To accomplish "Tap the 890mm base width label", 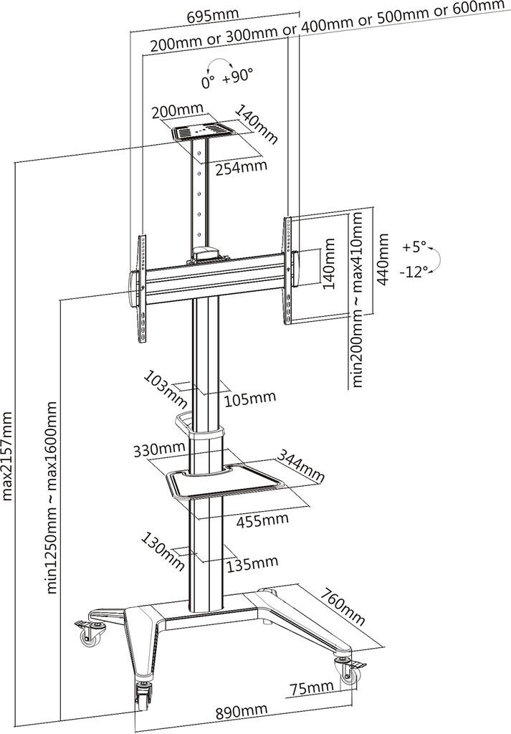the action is pyautogui.click(x=242, y=712).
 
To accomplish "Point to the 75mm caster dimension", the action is pyautogui.click(x=311, y=688).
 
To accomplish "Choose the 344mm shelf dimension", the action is pyautogui.click(x=300, y=466).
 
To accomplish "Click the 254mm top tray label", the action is pyautogui.click(x=242, y=167).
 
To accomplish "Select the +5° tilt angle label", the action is pyautogui.click(x=414, y=247).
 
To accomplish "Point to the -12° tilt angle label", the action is pyautogui.click(x=414, y=272).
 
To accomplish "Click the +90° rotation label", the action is pyautogui.click(x=238, y=76).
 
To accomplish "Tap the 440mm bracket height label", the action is pyautogui.click(x=383, y=259).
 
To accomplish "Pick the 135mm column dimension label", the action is pyautogui.click(x=252, y=563).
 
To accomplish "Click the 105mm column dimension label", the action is pyautogui.click(x=250, y=399).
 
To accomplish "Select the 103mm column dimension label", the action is pyautogui.click(x=165, y=389).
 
